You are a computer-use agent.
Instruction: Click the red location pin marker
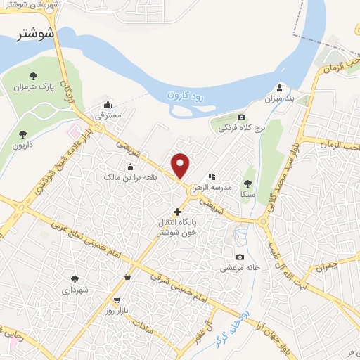click(181, 165)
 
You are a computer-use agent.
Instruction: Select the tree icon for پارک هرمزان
click(32, 76)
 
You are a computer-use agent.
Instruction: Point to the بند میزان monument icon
click(280, 88)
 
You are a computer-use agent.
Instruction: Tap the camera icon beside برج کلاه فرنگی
click(242, 117)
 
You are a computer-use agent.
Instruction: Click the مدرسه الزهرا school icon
click(212, 176)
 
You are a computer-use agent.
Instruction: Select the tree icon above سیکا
click(247, 183)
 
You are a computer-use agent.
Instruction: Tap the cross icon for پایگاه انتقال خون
click(177, 211)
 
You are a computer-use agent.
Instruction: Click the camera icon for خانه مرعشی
click(240, 257)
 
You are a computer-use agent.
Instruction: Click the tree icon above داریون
click(22, 134)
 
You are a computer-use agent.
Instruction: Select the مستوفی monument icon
click(107, 103)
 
